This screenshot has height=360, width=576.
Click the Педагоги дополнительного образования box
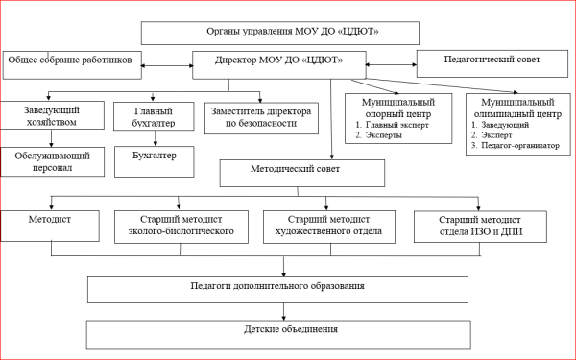[278, 289]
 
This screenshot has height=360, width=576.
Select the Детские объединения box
[278, 333]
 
